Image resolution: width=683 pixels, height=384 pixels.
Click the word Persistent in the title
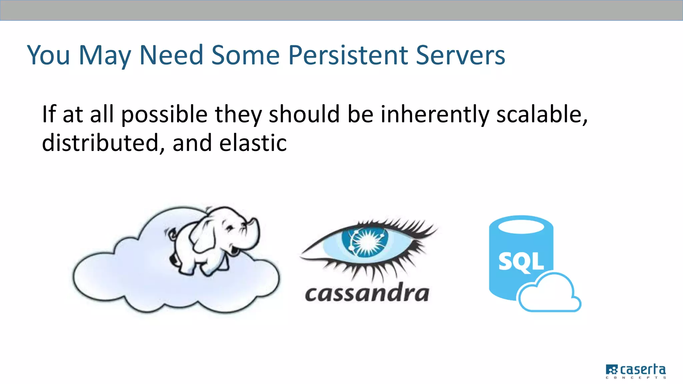pyautogui.click(x=348, y=55)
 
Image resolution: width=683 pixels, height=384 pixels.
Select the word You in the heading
pyautogui.click(x=48, y=55)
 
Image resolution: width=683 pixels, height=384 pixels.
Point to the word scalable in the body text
pyautogui.click(x=542, y=114)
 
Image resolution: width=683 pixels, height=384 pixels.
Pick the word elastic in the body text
pyautogui.click(x=253, y=143)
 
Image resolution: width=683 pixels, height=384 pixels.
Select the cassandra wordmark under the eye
pyautogui.click(x=367, y=293)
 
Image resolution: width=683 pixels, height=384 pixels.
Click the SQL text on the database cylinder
pyautogui.click(x=521, y=262)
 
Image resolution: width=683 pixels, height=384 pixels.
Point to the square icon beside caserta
pyautogui.click(x=612, y=370)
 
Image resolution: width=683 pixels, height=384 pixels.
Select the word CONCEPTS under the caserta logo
pyautogui.click(x=636, y=378)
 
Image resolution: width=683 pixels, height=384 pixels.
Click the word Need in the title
pyautogui.click(x=171, y=55)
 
